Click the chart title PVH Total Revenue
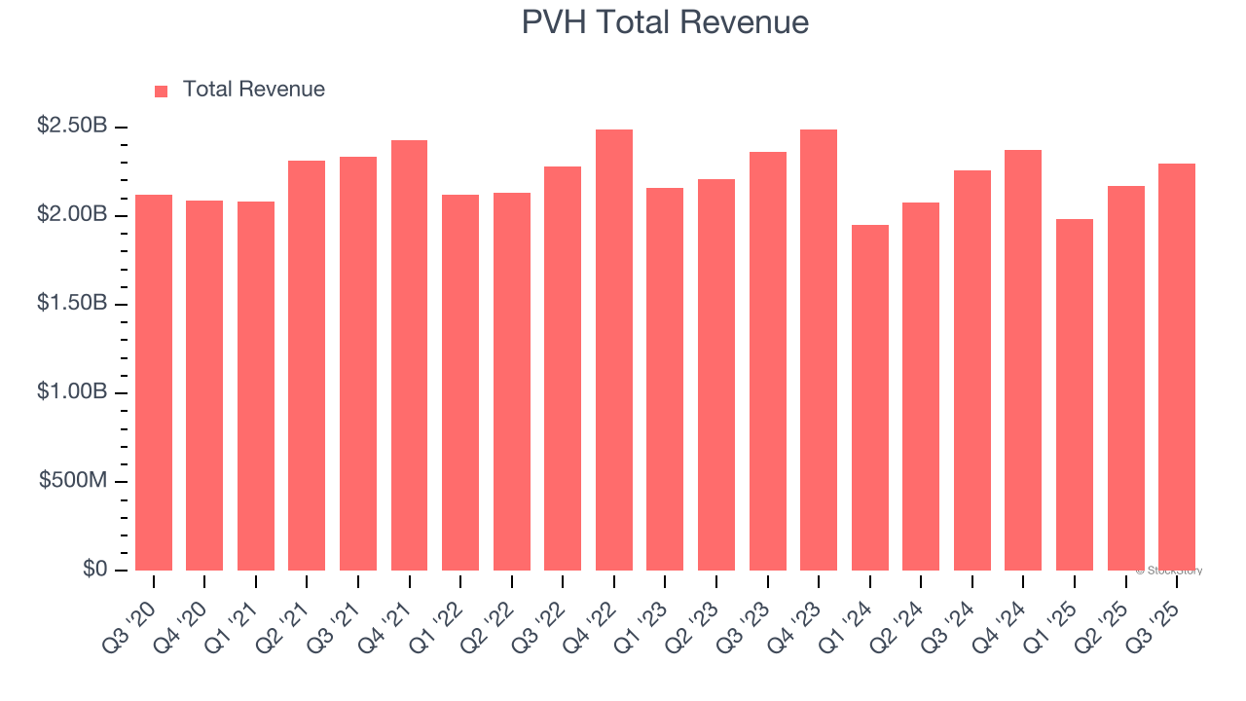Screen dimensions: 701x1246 point(665,22)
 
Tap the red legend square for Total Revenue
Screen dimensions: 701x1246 point(162,91)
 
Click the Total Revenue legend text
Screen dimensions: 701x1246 point(253,90)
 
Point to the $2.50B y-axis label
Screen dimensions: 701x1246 point(72,126)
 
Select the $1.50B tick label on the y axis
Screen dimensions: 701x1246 point(72,303)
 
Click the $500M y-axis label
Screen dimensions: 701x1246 point(73,481)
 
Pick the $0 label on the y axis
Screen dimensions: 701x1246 point(94,570)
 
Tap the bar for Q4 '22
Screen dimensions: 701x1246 point(613,350)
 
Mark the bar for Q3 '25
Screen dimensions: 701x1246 point(1177,367)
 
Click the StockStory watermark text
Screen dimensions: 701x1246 point(1169,571)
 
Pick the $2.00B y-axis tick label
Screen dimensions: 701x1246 point(72,214)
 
